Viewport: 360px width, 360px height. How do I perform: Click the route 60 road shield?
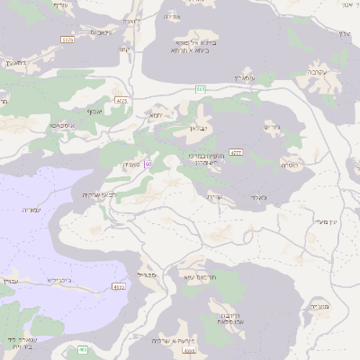147,164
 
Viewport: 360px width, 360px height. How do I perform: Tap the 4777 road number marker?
237,152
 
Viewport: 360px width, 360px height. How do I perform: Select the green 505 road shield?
201,89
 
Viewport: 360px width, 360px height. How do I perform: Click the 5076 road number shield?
67,40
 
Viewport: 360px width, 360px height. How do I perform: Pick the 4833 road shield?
119,287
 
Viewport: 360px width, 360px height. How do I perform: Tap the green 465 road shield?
83,349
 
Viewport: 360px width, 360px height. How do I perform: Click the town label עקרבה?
315,71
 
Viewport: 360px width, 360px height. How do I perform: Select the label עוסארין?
245,79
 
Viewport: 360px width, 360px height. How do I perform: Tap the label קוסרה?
290,165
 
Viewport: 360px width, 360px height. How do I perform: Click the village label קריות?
214,197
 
